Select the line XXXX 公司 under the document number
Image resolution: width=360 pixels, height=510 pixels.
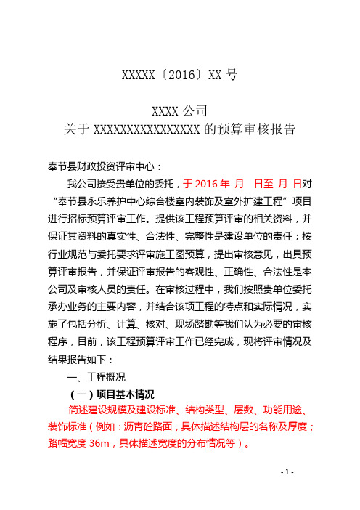(179, 111)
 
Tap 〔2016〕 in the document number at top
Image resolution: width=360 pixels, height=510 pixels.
(175, 76)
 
